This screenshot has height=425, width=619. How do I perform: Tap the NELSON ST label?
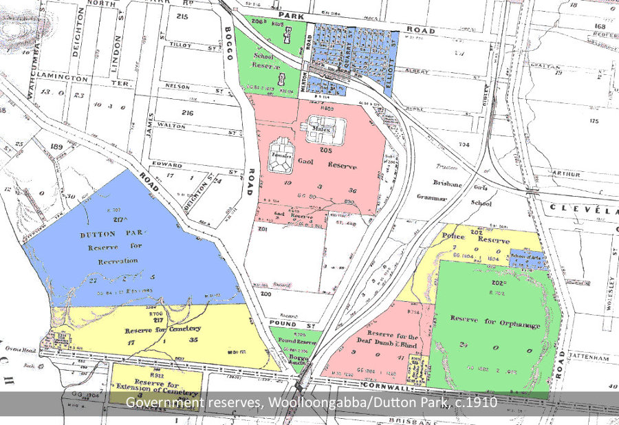point(181,86)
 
